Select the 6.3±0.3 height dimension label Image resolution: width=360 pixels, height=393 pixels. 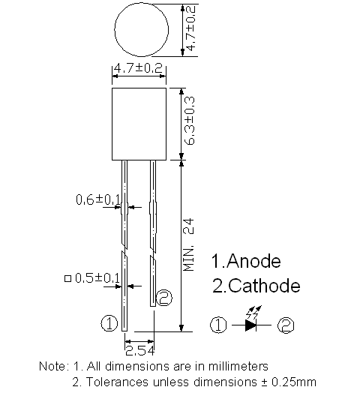tap(190, 121)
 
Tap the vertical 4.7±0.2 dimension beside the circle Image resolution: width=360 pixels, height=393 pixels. tap(191, 28)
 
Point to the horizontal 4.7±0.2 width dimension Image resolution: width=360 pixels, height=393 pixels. tap(138, 68)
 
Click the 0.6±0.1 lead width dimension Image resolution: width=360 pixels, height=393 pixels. tap(98, 199)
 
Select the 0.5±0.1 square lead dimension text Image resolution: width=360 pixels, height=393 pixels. tap(97, 278)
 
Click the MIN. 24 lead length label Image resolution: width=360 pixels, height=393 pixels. tap(189, 244)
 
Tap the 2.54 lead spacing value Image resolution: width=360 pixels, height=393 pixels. tap(139, 351)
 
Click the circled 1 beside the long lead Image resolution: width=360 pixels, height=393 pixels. tap(109, 323)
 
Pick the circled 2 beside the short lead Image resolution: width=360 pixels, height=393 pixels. tap(164, 298)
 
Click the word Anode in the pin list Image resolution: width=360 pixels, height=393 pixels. tap(253, 261)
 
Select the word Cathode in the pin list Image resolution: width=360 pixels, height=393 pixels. tap(264, 286)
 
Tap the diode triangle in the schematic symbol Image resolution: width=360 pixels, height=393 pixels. tap(250, 325)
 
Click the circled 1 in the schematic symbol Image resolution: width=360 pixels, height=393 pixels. tap(218, 325)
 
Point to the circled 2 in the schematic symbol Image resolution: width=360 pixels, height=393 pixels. tap(286, 325)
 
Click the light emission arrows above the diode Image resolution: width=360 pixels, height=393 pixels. tap(253, 312)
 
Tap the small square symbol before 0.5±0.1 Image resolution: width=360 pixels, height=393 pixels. tap(67, 278)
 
